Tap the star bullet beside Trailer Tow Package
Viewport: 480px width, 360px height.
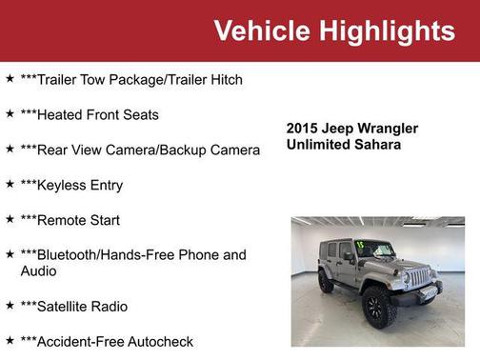[x=10, y=78]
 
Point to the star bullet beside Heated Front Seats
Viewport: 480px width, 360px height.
[x=10, y=113]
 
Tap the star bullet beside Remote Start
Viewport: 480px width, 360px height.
[x=10, y=219]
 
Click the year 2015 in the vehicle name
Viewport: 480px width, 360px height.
[x=303, y=129]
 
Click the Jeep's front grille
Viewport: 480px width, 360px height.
[x=418, y=277]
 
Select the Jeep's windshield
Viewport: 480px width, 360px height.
[x=374, y=249]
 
